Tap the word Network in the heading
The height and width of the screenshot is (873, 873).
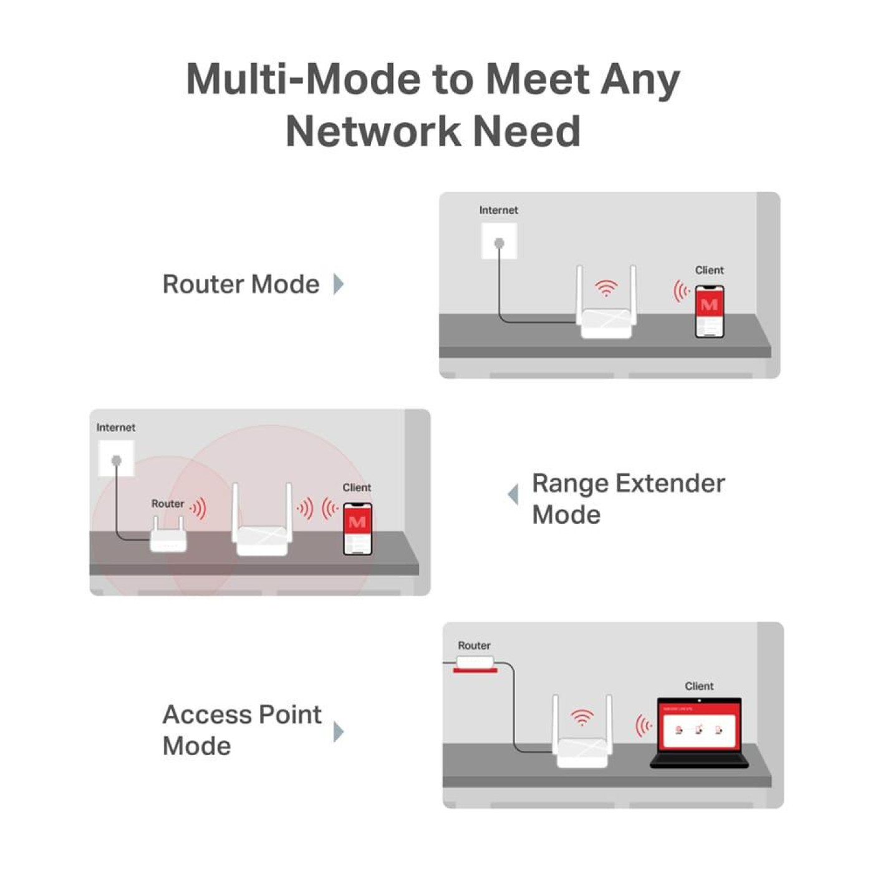pyautogui.click(x=372, y=132)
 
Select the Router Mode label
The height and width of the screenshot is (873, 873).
pyautogui.click(x=241, y=284)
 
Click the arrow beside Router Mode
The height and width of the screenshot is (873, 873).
pyautogui.click(x=339, y=284)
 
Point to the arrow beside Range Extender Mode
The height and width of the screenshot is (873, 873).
pyautogui.click(x=513, y=494)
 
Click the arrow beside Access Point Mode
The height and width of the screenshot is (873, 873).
pyautogui.click(x=339, y=731)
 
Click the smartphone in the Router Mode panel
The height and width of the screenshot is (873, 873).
pyautogui.click(x=709, y=311)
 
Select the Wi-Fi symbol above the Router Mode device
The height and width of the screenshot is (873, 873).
pyautogui.click(x=605, y=288)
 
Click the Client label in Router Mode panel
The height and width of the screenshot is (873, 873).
pyautogui.click(x=709, y=270)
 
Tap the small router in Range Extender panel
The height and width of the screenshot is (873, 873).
pyautogui.click(x=168, y=537)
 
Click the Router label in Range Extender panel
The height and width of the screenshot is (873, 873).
pyautogui.click(x=167, y=504)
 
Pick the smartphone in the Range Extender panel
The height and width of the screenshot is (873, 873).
pyautogui.click(x=357, y=529)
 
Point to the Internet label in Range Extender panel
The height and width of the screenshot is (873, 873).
pyautogui.click(x=115, y=428)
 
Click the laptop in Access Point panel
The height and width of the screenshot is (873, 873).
pyautogui.click(x=699, y=733)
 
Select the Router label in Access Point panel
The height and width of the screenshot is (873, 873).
pyautogui.click(x=474, y=646)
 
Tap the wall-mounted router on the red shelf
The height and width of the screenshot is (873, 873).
pyautogui.click(x=475, y=662)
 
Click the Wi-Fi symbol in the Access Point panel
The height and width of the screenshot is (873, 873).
pyautogui.click(x=582, y=717)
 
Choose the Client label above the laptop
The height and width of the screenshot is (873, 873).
pyautogui.click(x=699, y=686)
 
